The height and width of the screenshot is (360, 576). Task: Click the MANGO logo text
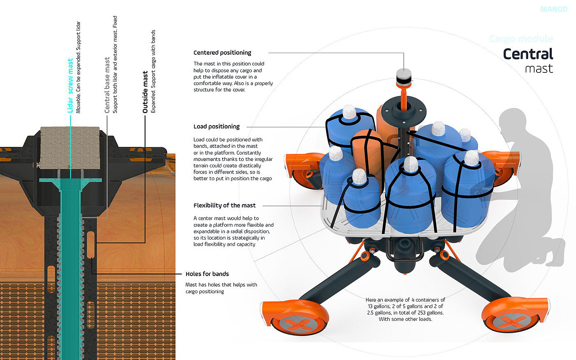tap(554, 9)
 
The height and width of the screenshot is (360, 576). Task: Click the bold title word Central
tap(528, 54)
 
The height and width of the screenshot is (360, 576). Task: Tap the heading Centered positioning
tap(222, 53)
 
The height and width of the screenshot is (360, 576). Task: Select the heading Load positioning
tap(216, 127)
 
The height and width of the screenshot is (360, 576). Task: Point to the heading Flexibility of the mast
tap(225, 205)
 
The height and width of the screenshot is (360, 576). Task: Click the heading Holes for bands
tap(207, 274)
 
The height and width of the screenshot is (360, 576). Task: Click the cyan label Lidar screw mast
tap(70, 86)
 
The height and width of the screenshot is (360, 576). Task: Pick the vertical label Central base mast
tap(107, 85)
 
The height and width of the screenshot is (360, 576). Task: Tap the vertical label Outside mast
tap(145, 92)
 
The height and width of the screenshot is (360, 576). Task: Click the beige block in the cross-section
tap(70, 148)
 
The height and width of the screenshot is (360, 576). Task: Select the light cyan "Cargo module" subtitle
tap(521, 39)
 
